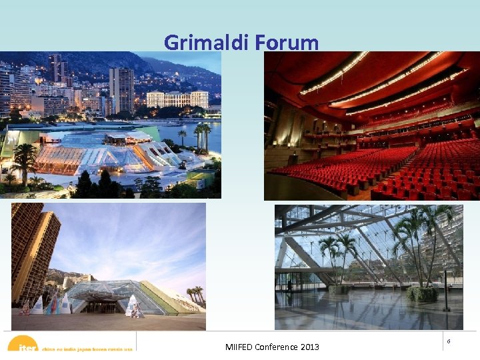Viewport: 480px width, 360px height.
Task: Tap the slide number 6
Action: [449, 341]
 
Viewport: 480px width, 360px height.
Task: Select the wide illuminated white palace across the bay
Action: [177, 99]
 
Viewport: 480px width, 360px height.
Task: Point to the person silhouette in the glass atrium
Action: [289, 285]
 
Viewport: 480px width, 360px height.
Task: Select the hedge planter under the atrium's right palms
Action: [421, 293]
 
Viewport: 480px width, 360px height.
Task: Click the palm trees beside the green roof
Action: [195, 294]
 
